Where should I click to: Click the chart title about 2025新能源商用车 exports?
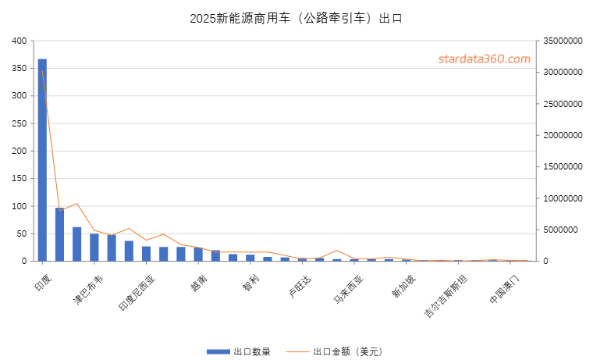296,18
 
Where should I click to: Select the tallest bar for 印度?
42,159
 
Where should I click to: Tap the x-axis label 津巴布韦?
87,289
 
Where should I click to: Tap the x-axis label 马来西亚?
348,289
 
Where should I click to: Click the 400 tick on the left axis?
19,41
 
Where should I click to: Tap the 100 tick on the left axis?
19,206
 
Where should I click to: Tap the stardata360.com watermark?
484,59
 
